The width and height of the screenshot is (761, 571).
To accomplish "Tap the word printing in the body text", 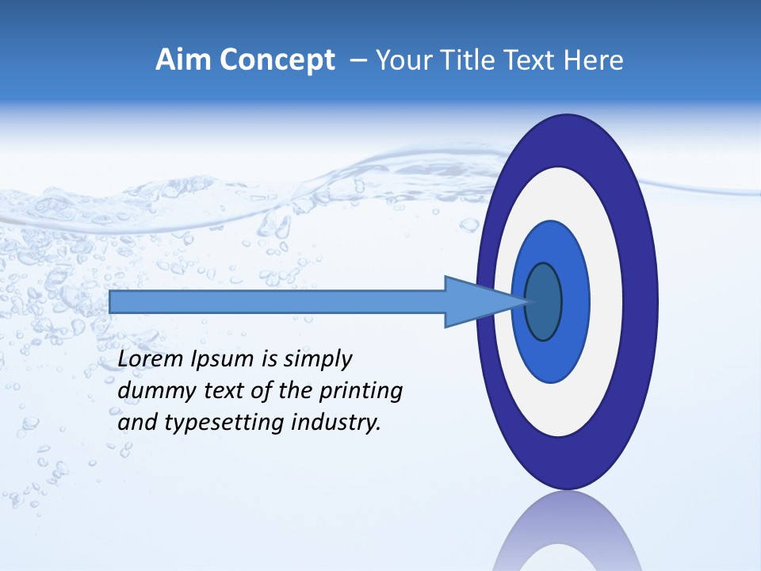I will pyautogui.click(x=361, y=392).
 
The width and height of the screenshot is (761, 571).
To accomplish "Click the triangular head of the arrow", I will pyautogui.click(x=476, y=302).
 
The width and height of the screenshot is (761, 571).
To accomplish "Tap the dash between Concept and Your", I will pyautogui.click(x=358, y=61).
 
